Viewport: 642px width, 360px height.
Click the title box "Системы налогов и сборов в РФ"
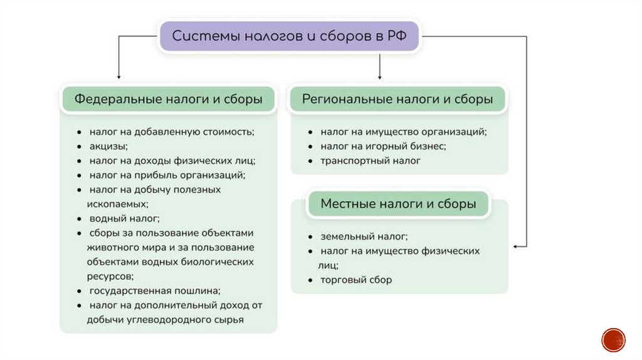coord(289,36)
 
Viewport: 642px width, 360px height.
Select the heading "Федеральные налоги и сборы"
coord(168,99)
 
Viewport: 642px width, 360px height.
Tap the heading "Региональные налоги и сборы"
coord(397,99)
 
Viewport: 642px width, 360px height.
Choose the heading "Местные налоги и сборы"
coord(398,204)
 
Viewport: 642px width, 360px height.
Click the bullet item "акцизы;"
coord(108,146)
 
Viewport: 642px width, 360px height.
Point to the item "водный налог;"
coord(124,219)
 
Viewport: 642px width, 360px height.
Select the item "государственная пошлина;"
coord(155,291)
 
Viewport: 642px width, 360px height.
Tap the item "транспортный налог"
coord(370,161)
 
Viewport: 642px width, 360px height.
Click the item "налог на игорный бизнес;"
coord(383,146)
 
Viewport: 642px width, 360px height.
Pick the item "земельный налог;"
coord(364,236)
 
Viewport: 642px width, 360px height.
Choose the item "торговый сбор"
coord(355,280)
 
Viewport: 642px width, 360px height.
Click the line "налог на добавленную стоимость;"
coord(171,132)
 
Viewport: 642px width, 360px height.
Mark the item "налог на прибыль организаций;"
coord(166,175)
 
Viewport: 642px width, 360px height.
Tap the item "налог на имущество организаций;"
coord(403,132)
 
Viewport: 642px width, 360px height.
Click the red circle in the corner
coord(613,339)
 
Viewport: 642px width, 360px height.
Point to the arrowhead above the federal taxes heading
coord(118,75)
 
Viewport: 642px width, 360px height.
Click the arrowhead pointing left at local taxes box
coord(516,246)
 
